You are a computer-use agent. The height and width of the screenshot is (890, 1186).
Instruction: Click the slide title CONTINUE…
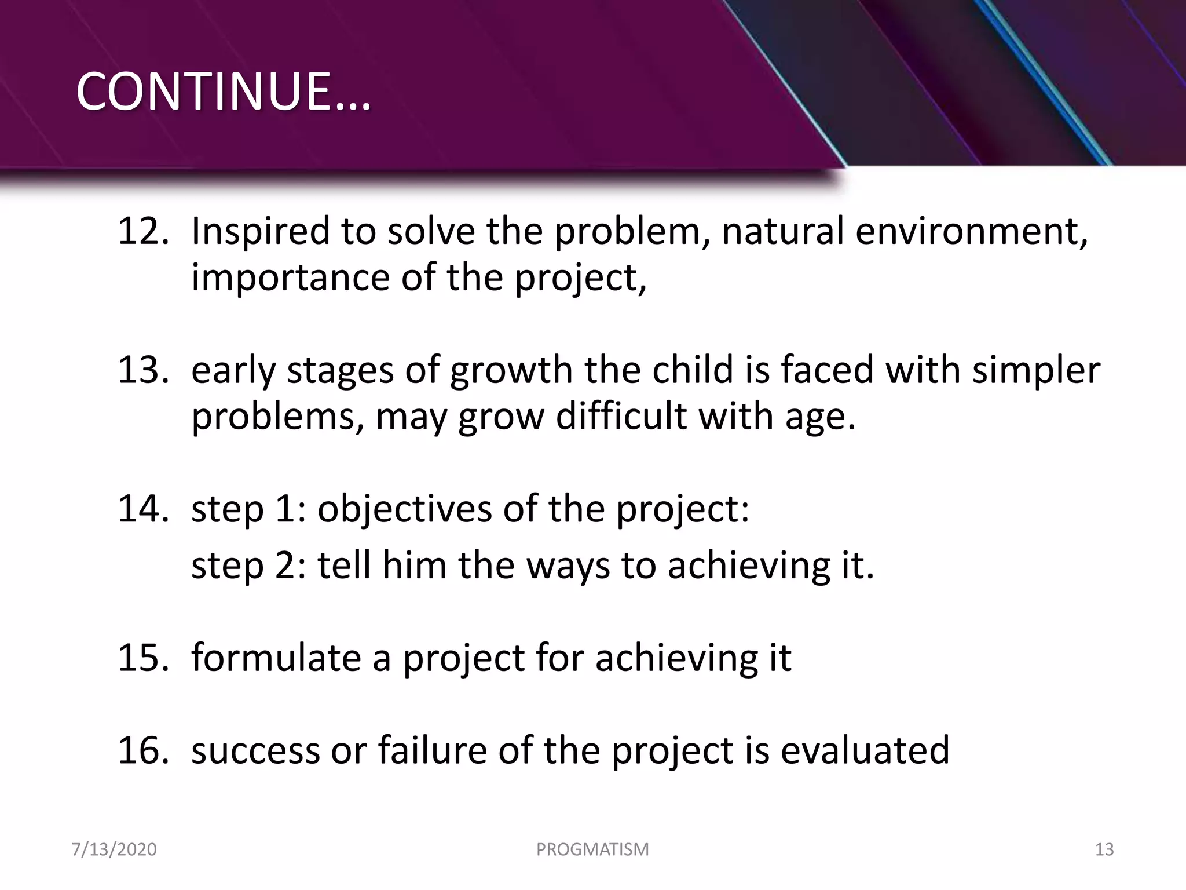pyautogui.click(x=223, y=92)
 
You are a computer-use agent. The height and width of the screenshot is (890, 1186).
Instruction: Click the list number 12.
pyautogui.click(x=143, y=231)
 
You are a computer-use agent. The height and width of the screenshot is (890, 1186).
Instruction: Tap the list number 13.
pyautogui.click(x=143, y=370)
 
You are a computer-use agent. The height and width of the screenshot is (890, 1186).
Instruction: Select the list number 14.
pyautogui.click(x=143, y=508)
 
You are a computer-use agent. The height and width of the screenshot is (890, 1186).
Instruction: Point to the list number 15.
pyautogui.click(x=143, y=658)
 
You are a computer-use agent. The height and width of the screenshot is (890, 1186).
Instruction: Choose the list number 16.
pyautogui.click(x=143, y=750)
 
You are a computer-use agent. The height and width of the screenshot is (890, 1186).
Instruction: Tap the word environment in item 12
pyautogui.click(x=971, y=231)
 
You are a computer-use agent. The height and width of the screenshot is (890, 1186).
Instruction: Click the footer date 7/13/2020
pyautogui.click(x=114, y=849)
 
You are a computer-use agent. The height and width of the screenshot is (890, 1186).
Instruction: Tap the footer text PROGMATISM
pyautogui.click(x=592, y=849)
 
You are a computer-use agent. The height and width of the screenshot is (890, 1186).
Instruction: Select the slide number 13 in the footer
pyautogui.click(x=1104, y=849)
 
